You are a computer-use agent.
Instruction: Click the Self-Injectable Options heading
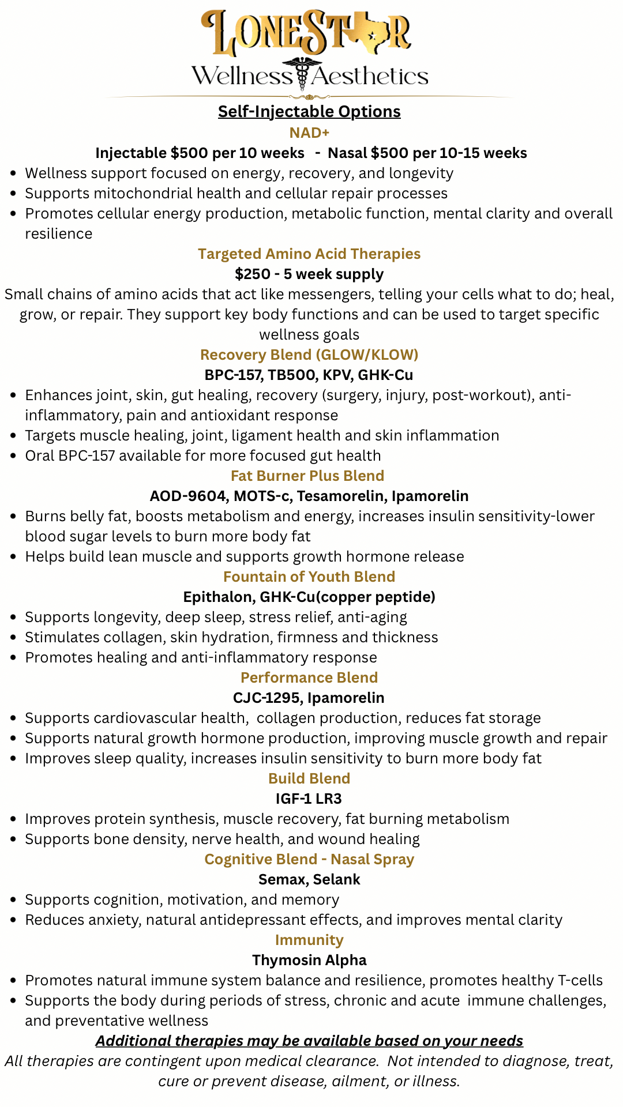click(x=309, y=111)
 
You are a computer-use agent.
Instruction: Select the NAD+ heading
click(x=309, y=133)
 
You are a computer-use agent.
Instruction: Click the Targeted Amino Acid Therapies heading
click(x=309, y=254)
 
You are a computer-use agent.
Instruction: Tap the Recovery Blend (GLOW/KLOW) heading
click(x=309, y=355)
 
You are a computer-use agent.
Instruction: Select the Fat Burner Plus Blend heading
click(x=307, y=476)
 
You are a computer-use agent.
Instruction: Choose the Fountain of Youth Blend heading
click(x=309, y=577)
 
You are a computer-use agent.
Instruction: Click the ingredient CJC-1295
click(x=267, y=698)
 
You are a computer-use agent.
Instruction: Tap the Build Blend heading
click(x=309, y=778)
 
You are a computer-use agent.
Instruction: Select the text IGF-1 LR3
click(x=309, y=799)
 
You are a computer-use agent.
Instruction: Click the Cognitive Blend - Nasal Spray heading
click(x=309, y=859)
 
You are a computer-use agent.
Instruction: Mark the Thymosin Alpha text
click(x=309, y=960)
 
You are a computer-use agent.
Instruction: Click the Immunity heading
click(x=309, y=940)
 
